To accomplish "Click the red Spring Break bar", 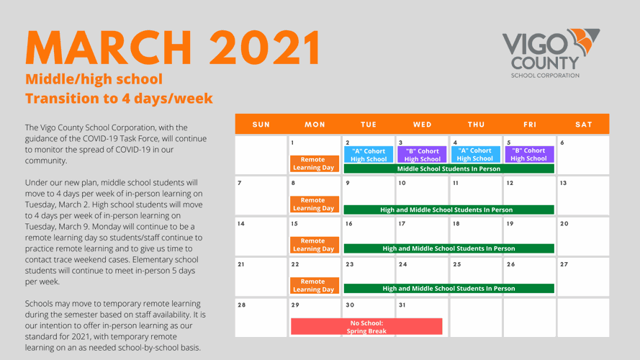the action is tap(366, 327).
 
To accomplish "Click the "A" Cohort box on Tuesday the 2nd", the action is tap(369, 155).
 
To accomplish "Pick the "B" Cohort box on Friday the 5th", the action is tap(529, 154).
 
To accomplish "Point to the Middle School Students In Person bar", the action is tap(449, 168).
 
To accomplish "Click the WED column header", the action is tap(422, 125).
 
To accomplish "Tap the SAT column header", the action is tap(584, 125).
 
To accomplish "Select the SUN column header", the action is tap(261, 125).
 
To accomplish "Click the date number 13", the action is tap(563, 183).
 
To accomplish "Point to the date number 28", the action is tap(242, 305).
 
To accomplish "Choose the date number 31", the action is tap(402, 305).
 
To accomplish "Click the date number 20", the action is tap(564, 224).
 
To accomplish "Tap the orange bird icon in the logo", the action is tap(584, 41).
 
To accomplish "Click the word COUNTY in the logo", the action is tap(545, 63).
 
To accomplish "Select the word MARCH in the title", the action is tap(109, 48).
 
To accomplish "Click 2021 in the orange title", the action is tap(265, 48).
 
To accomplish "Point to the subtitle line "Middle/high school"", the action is tap(94, 78).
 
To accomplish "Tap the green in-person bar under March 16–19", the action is tap(449, 248).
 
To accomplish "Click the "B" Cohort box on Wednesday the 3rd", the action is tap(422, 155).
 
